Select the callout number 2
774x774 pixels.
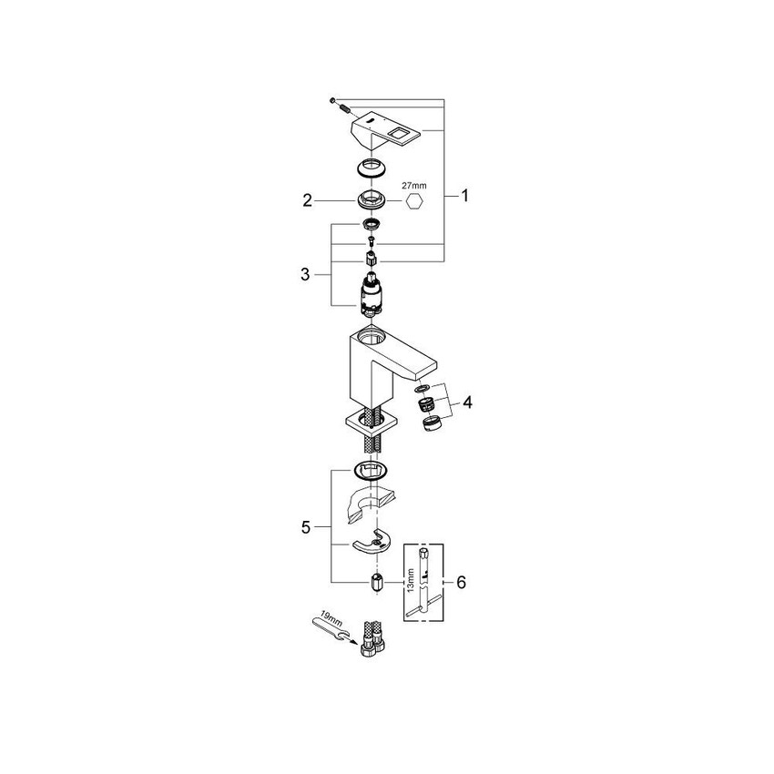307,199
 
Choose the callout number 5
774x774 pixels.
307,525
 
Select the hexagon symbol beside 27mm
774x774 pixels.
412,202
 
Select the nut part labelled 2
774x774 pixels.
370,199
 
